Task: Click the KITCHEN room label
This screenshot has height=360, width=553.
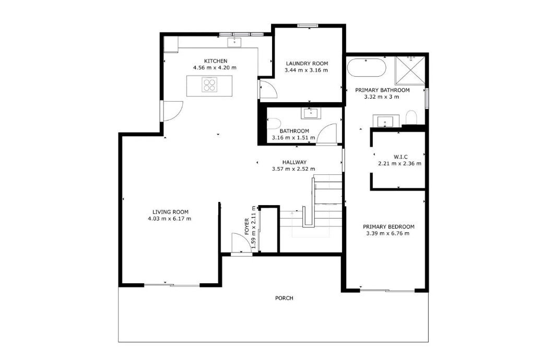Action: [216, 61]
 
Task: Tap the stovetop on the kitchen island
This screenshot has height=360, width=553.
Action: [209, 85]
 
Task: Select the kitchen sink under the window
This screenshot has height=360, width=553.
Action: [234, 42]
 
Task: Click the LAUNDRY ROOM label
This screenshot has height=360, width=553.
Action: [307, 64]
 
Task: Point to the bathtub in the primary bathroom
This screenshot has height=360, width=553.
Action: [367, 67]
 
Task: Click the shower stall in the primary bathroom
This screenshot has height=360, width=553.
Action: [410, 70]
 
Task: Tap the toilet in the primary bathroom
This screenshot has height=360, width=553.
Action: [411, 117]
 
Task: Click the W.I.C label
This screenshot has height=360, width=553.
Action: [401, 157]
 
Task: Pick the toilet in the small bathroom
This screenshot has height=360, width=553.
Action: [274, 123]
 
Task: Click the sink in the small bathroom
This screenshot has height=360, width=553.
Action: [311, 113]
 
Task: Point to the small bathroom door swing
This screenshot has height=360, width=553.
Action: [327, 134]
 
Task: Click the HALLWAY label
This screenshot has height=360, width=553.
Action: [294, 162]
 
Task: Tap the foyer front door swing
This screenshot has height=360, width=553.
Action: [241, 243]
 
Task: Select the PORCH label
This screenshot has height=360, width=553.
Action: [284, 298]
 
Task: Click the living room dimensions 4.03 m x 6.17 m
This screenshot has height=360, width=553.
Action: [170, 219]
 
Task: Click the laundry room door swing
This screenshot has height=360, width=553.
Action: [268, 89]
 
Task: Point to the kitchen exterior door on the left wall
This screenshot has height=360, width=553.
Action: [172, 111]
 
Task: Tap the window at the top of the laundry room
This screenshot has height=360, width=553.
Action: [308, 26]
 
